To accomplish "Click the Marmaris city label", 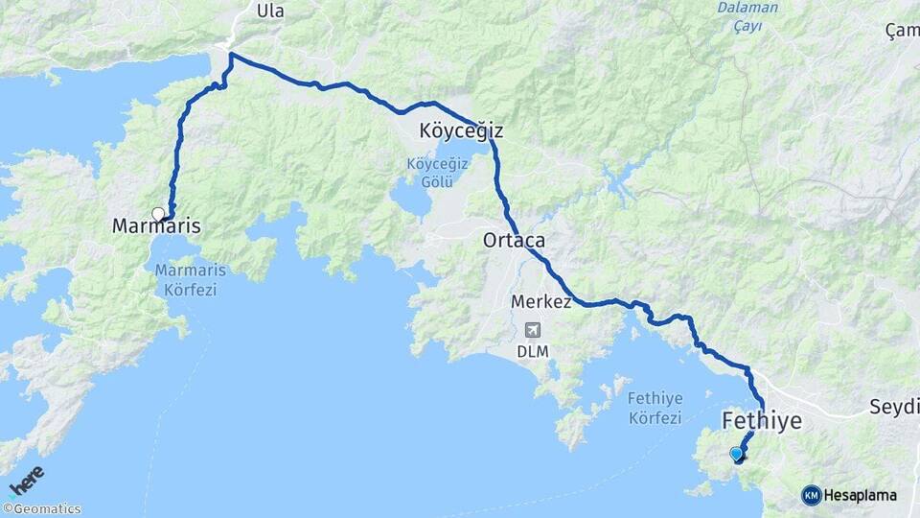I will pos(156,227).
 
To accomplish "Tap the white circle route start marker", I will pos(158,213).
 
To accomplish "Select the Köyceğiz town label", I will pos(461,130).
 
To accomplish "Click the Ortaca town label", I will pos(514,240).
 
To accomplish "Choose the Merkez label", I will pos(541,302).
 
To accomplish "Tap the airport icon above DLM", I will pos(532,329).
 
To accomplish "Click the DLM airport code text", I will pos(533,351).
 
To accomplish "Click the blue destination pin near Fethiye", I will pos(736,454).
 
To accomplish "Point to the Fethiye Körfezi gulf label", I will pos(655,408).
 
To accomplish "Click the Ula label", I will pos(270,11).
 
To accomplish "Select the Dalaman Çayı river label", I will pos(747,16).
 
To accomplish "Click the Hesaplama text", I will pos(861,496).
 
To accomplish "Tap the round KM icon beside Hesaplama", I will pos(812,496).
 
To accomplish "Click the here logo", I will pos(26,481).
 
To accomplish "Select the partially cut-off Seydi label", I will pos(893,406).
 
